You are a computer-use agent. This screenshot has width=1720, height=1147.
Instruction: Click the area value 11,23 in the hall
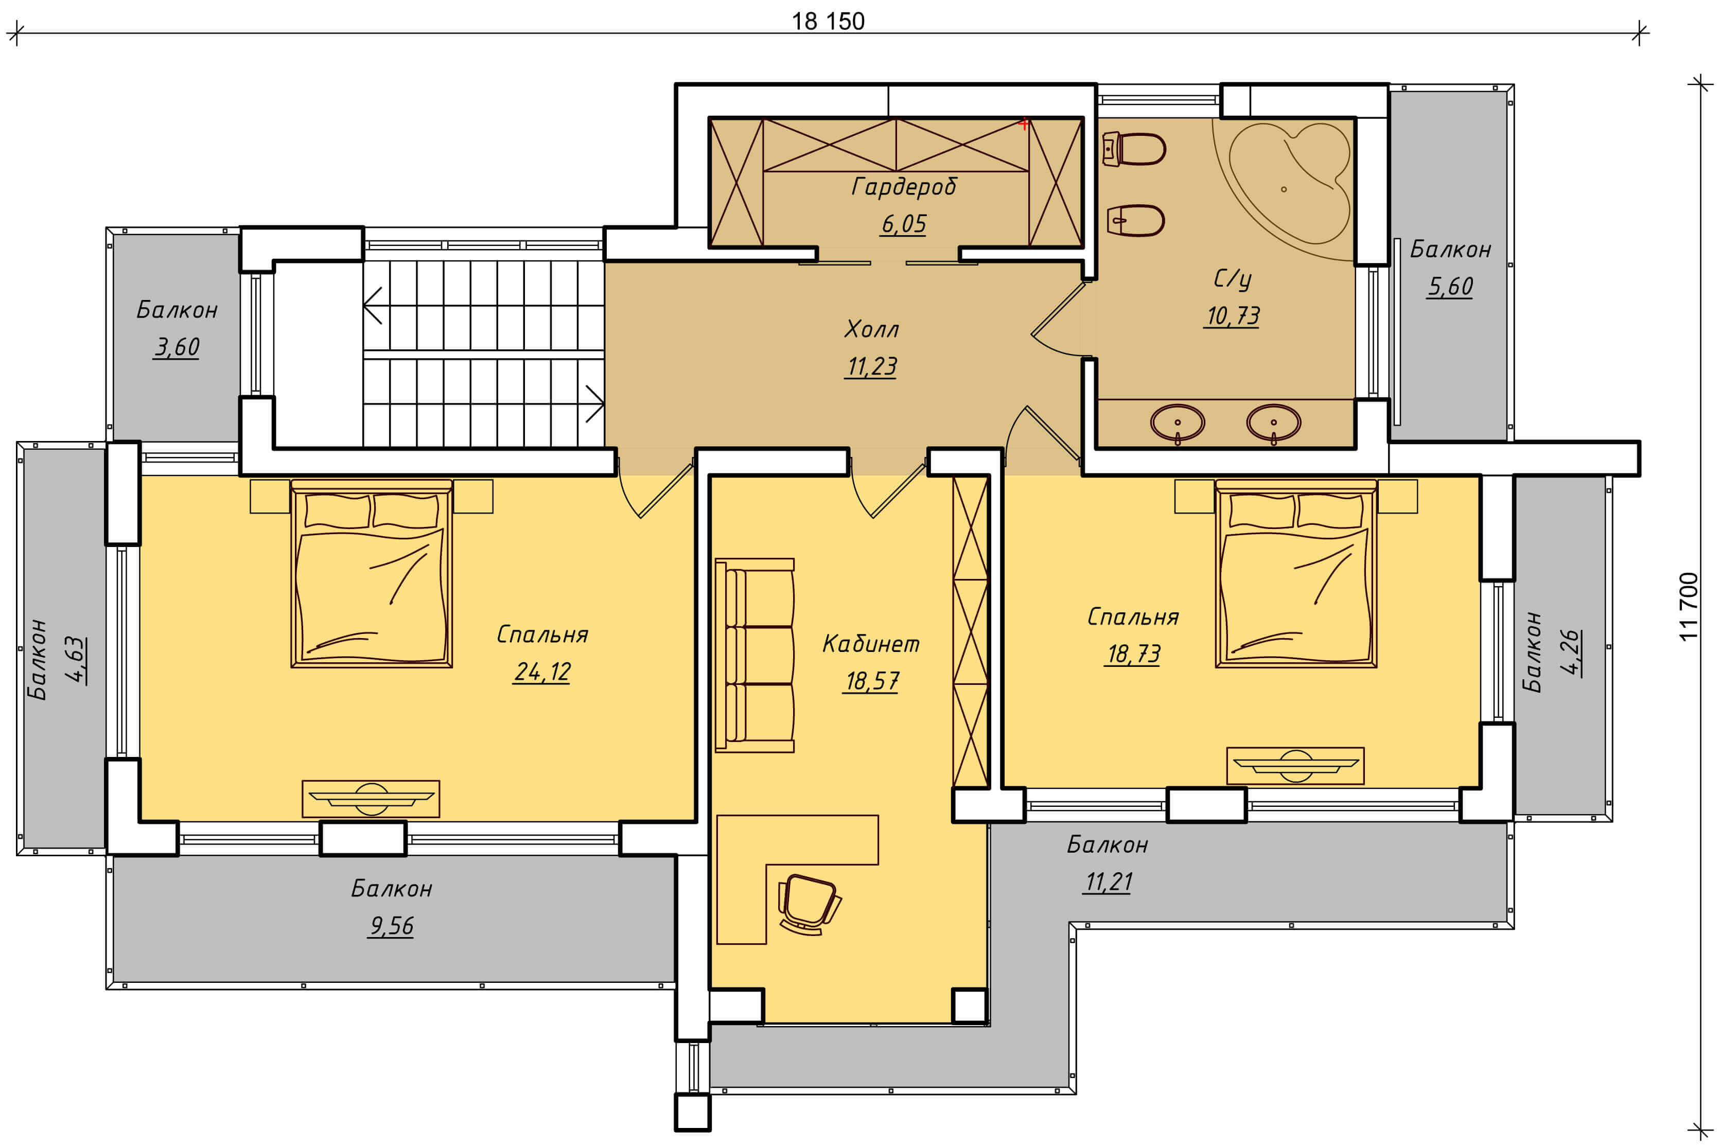point(871,366)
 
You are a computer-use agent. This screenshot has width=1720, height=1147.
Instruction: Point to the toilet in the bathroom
point(1133,149)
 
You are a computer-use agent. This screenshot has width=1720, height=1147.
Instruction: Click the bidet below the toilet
point(1135,220)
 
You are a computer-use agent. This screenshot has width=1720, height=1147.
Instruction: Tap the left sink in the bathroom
point(1177,423)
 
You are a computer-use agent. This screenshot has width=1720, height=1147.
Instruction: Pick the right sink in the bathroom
point(1274,423)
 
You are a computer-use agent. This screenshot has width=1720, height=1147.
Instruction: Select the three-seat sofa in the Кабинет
point(755,656)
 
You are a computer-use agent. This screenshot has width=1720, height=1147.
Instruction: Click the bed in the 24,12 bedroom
point(372,573)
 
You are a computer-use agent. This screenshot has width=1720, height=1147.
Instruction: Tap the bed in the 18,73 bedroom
point(1296,573)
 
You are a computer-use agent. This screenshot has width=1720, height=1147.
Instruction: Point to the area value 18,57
point(871,681)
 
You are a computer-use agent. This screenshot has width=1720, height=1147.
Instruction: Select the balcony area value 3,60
point(177,347)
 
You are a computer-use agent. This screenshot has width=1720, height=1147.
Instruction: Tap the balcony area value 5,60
point(1450,286)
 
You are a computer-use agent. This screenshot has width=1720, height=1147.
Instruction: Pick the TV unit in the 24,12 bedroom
point(371,799)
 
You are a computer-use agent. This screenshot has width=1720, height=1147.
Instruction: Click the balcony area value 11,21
point(1109,881)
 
